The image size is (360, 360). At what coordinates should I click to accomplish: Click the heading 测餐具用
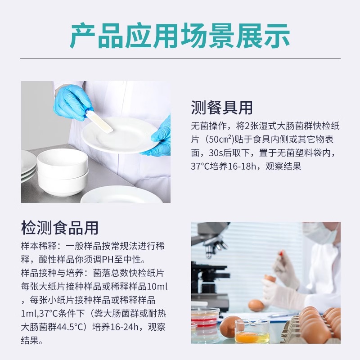pyautogui.click(x=222, y=108)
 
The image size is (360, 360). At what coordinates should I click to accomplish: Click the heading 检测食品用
pyautogui.click(x=60, y=228)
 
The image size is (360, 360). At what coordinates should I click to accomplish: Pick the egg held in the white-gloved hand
pyautogui.click(x=270, y=279)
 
